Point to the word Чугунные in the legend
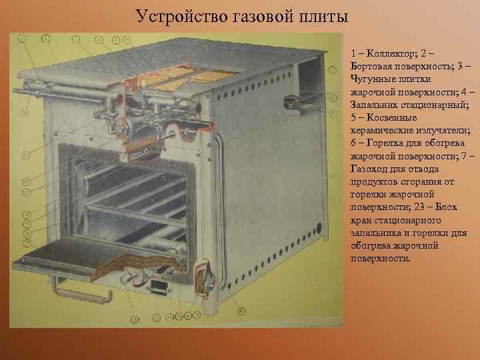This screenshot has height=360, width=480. (x=371, y=80)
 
